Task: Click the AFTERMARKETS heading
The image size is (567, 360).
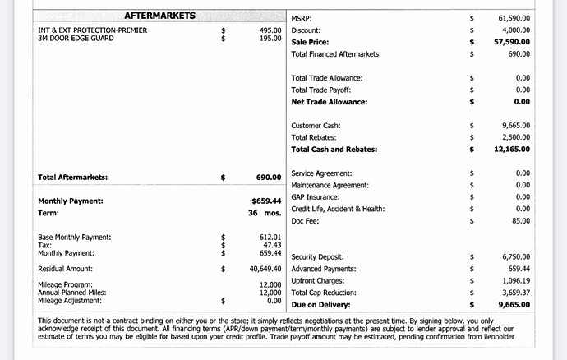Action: pyautogui.click(x=159, y=16)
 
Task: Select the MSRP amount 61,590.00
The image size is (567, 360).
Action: pyautogui.click(x=514, y=17)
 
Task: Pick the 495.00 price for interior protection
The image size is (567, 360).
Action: pyautogui.click(x=270, y=30)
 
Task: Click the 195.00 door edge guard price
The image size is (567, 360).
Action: pyautogui.click(x=270, y=39)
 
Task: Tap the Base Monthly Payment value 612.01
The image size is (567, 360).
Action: pyautogui.click(x=270, y=237)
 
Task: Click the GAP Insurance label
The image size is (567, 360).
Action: pyautogui.click(x=316, y=197)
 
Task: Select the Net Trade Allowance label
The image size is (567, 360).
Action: pyautogui.click(x=329, y=102)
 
